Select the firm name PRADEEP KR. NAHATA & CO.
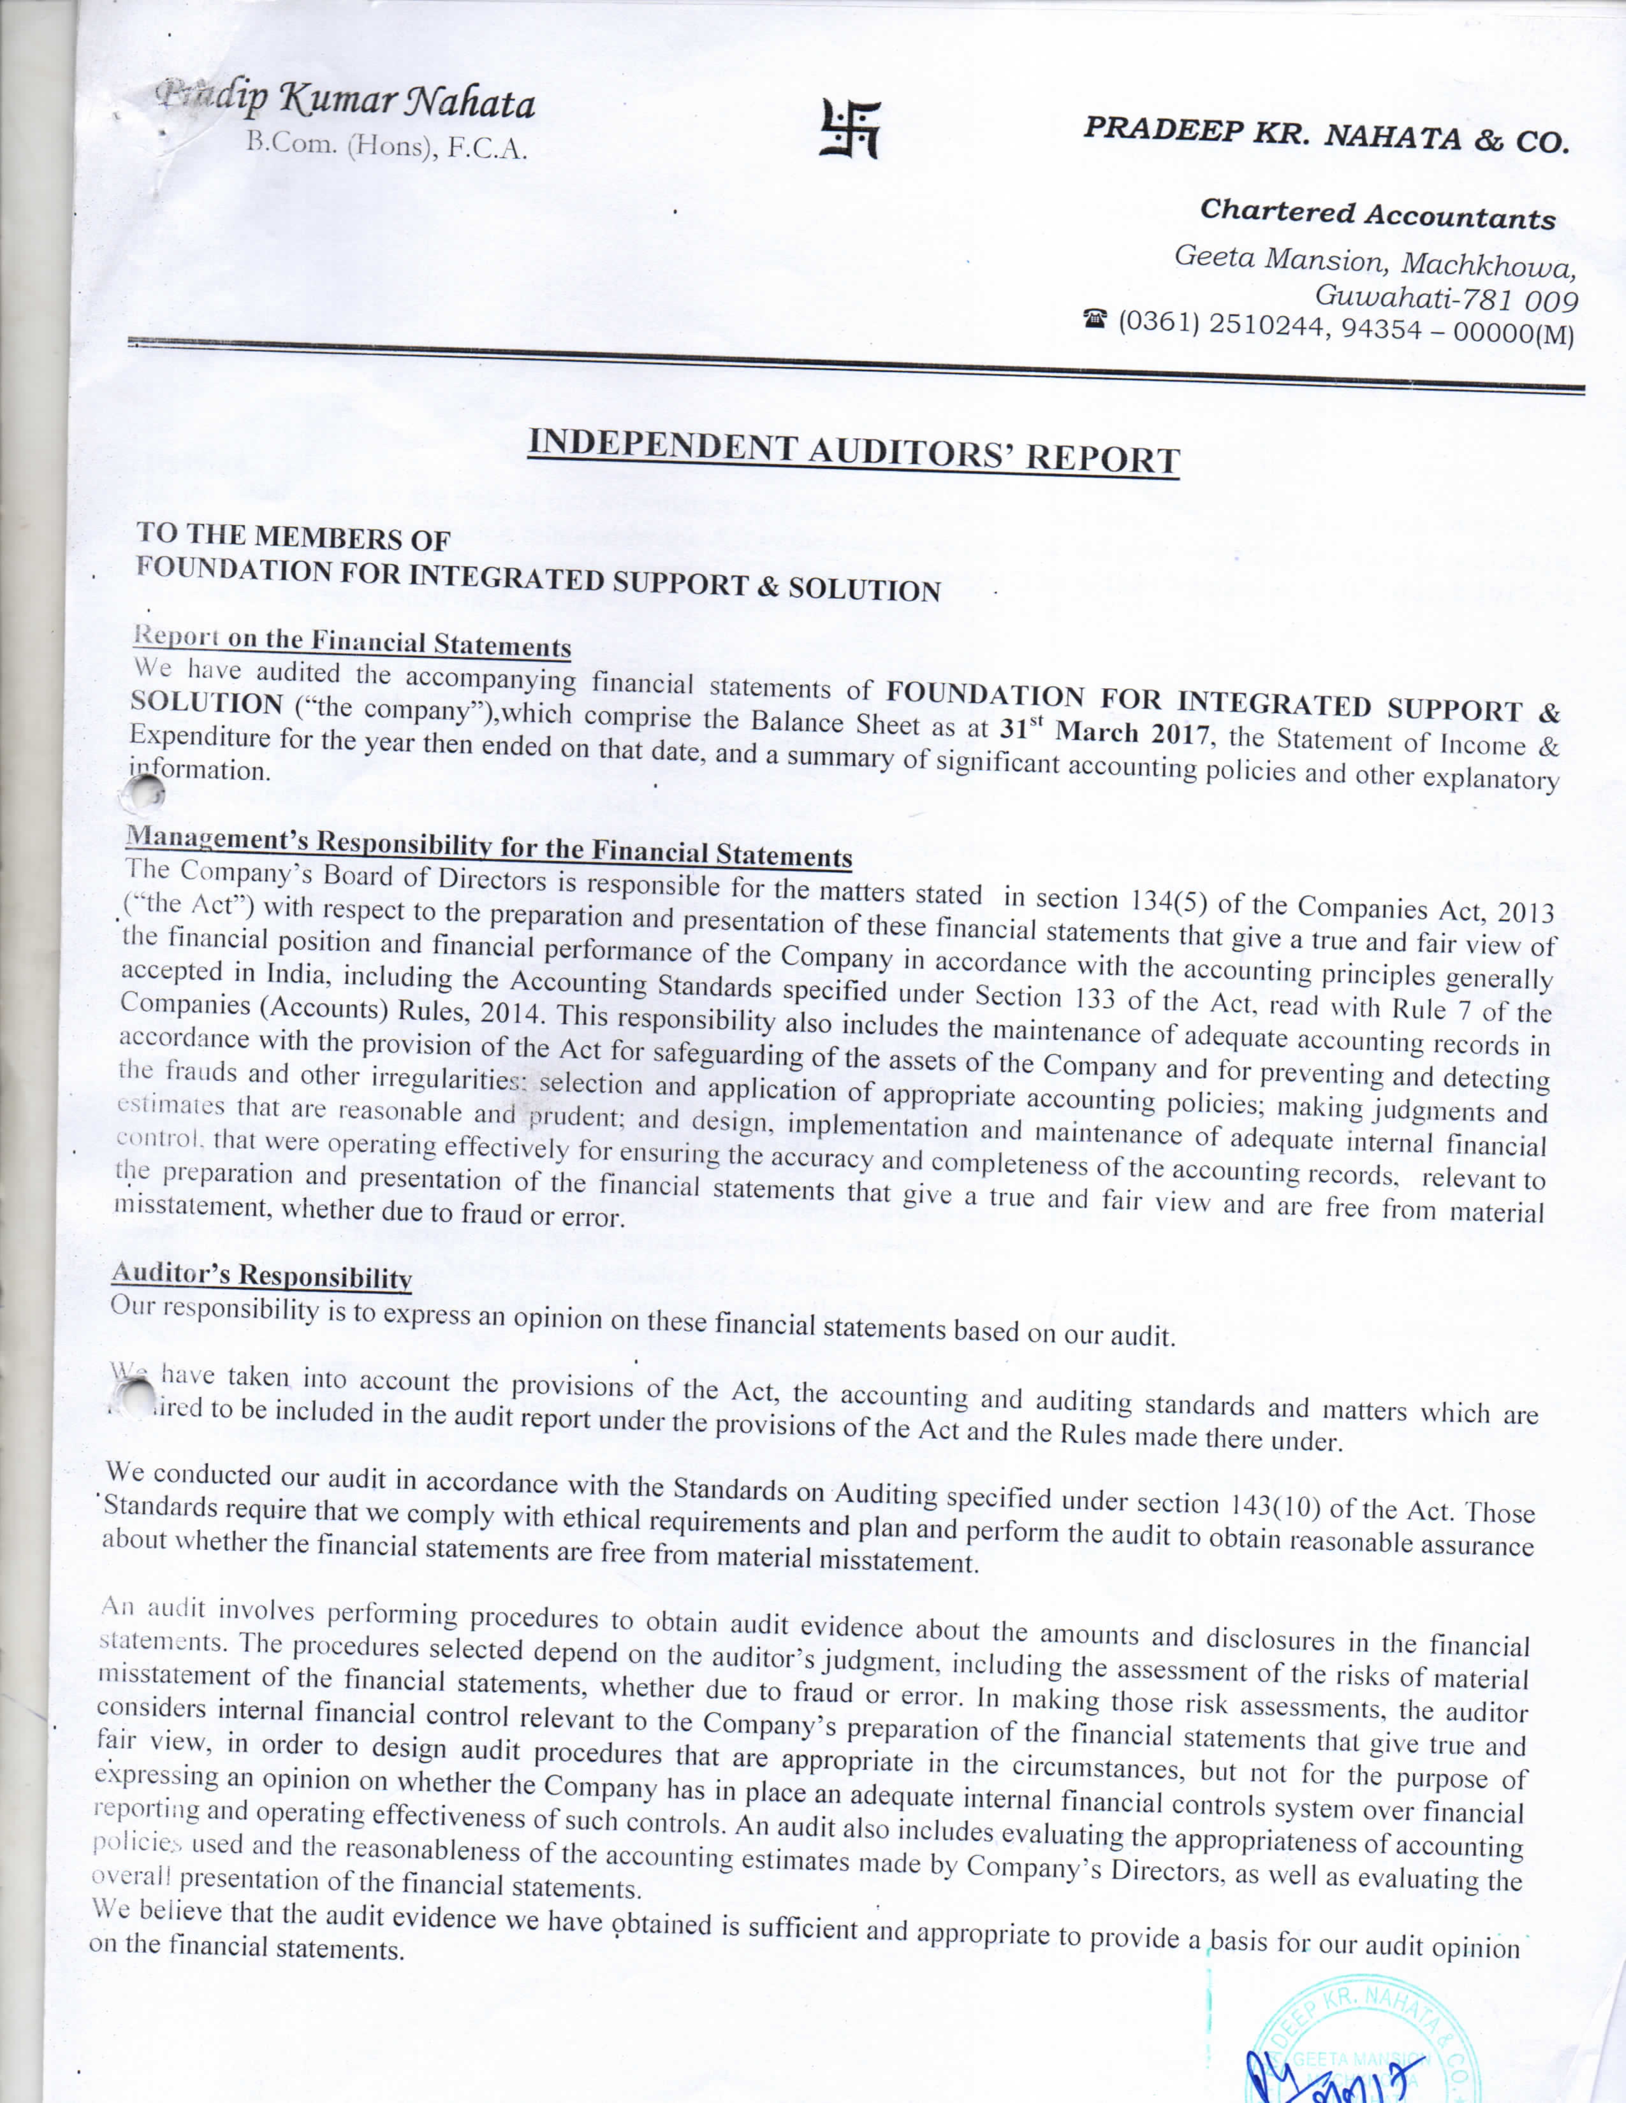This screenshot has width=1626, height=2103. coord(1326,135)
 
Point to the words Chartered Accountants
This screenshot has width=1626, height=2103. coord(1377,214)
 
